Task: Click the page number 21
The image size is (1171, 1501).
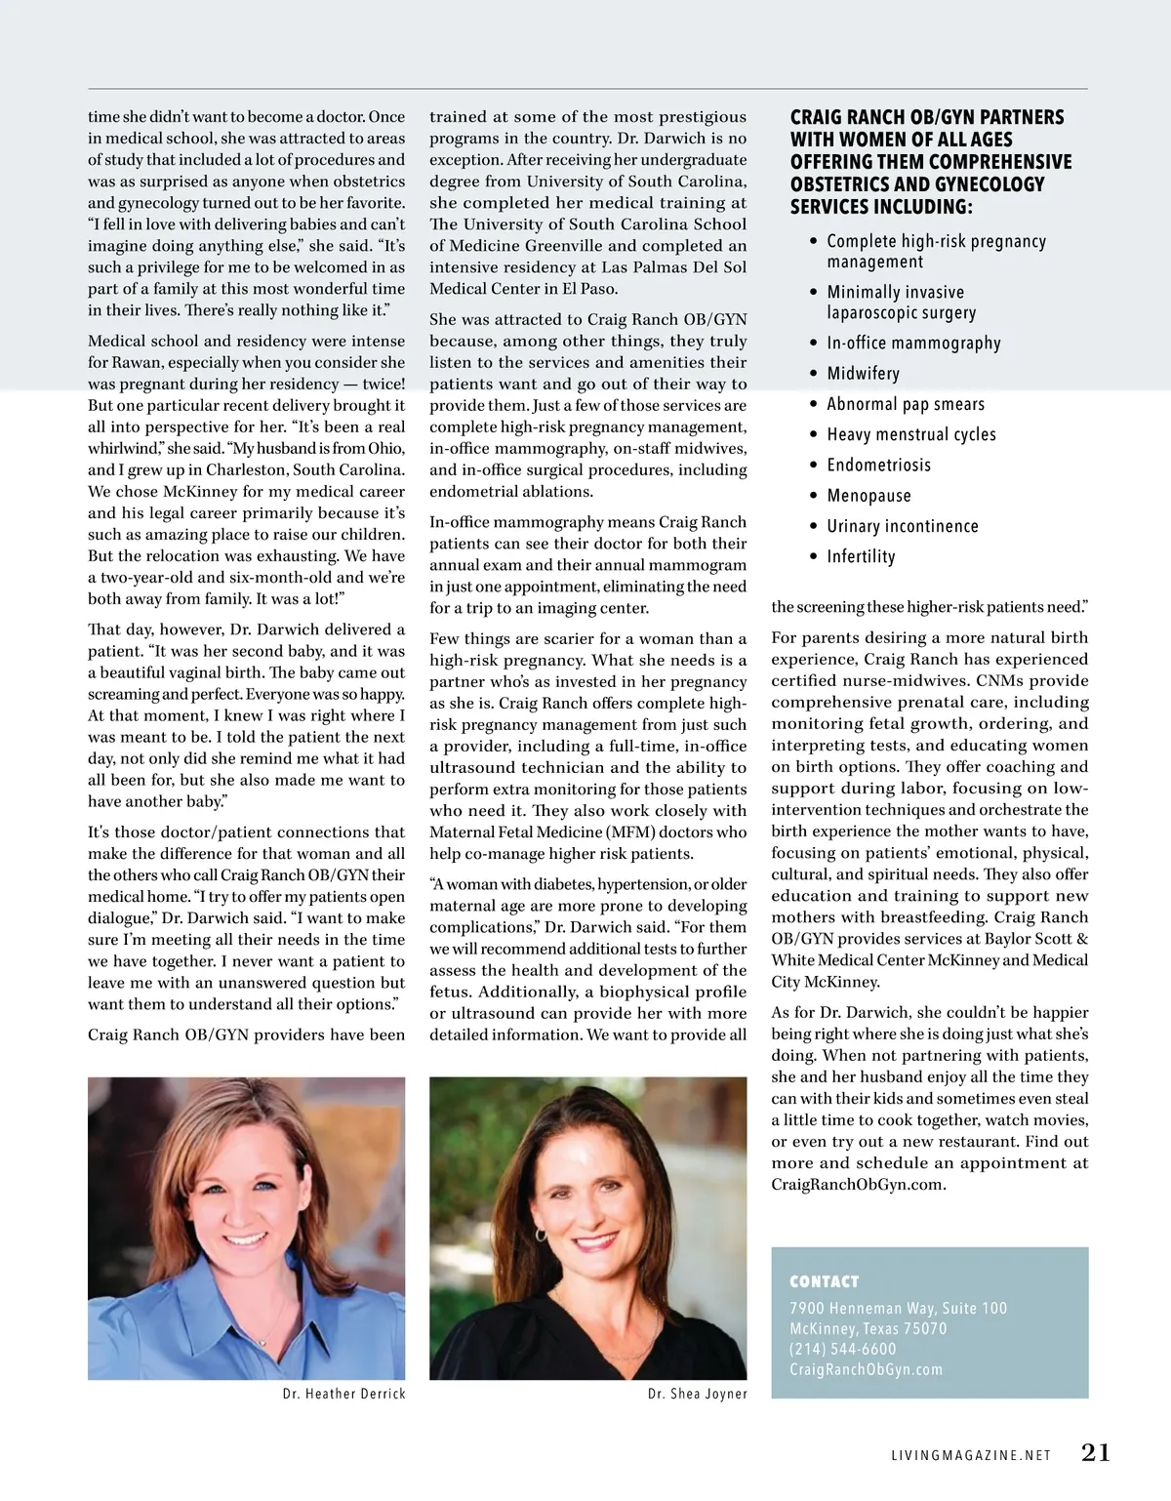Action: coord(1096,1453)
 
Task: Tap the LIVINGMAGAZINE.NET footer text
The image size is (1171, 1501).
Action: coord(972,1455)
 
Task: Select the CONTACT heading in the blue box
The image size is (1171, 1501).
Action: coord(825,1281)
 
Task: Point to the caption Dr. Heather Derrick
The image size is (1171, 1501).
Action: coord(343,1394)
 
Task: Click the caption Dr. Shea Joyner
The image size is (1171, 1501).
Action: coord(697,1394)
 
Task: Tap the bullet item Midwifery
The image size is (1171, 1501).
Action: coord(863,374)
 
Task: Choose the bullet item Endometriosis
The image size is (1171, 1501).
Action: coord(878,466)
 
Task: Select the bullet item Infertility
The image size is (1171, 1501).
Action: coord(861,557)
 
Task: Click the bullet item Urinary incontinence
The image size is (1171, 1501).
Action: coord(902,527)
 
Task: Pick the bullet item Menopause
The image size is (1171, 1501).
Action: coord(868,496)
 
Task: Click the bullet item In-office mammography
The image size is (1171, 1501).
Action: coord(913,344)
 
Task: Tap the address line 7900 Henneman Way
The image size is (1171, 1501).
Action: coord(898,1308)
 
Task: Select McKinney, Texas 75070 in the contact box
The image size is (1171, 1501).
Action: coord(868,1328)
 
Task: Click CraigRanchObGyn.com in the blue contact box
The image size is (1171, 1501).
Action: coord(866,1369)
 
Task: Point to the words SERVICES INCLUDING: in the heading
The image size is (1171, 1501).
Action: coord(881,207)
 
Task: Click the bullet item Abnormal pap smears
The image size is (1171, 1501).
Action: coord(906,405)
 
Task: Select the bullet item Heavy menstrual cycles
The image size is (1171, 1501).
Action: coord(911,435)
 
